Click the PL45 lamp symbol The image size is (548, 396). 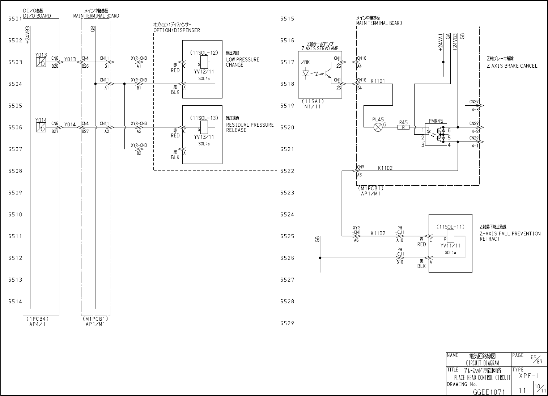(x=378, y=127)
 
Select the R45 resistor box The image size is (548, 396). (x=404, y=127)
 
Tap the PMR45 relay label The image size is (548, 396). (x=436, y=121)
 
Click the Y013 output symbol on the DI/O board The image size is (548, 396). (x=41, y=62)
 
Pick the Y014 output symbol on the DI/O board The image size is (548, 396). (x=41, y=127)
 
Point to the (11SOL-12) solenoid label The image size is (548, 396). (x=204, y=52)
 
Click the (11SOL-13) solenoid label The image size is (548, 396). (x=204, y=118)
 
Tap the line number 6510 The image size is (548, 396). (x=15, y=214)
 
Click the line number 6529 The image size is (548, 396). (x=287, y=323)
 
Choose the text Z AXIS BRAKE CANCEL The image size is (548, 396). (x=512, y=66)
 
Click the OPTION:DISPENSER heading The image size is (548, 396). (x=177, y=30)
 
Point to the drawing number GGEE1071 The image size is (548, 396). (x=488, y=392)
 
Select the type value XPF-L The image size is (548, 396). (x=529, y=376)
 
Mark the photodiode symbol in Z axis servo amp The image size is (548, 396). (x=306, y=73)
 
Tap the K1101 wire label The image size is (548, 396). (x=378, y=81)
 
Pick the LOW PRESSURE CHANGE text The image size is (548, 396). (x=242, y=62)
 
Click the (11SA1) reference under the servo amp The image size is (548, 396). (x=311, y=102)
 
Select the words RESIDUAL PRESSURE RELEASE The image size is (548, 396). (x=250, y=127)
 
